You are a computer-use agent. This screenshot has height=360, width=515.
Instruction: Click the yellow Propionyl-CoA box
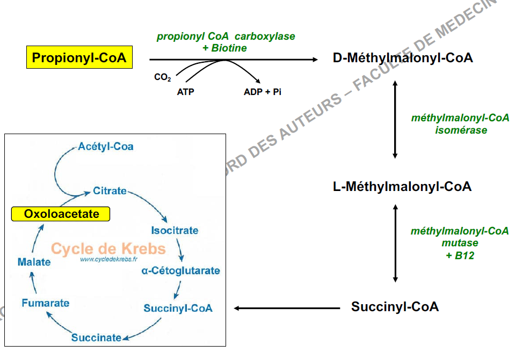tap(79, 58)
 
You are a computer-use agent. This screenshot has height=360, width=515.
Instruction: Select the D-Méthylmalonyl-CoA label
tap(403, 58)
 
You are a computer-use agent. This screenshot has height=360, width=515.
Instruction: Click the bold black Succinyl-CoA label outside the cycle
tap(395, 307)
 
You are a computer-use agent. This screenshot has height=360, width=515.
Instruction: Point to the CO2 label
tap(162, 78)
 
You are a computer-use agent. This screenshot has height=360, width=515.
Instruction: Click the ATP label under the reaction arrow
tap(186, 92)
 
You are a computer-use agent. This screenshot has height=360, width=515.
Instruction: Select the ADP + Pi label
tap(263, 92)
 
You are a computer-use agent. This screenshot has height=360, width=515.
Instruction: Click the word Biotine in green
tap(229, 48)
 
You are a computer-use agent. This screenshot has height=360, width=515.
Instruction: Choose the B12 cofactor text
tap(465, 255)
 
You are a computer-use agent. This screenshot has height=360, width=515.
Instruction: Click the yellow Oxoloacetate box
tap(61, 214)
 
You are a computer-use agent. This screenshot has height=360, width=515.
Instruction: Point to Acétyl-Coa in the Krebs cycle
tap(106, 146)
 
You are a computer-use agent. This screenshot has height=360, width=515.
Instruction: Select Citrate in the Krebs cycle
tap(110, 190)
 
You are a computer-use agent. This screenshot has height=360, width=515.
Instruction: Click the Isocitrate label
tap(175, 231)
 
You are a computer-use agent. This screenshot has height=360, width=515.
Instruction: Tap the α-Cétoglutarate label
tap(180, 271)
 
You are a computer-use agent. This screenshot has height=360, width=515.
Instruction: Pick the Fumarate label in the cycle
tap(46, 303)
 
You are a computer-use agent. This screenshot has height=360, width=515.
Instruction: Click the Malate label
tap(34, 262)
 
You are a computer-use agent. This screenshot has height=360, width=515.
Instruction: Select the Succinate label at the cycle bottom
tap(96, 337)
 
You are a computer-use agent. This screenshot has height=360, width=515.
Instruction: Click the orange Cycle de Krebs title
tap(108, 249)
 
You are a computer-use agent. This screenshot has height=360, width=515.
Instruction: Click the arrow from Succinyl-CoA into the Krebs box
tap(287, 308)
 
